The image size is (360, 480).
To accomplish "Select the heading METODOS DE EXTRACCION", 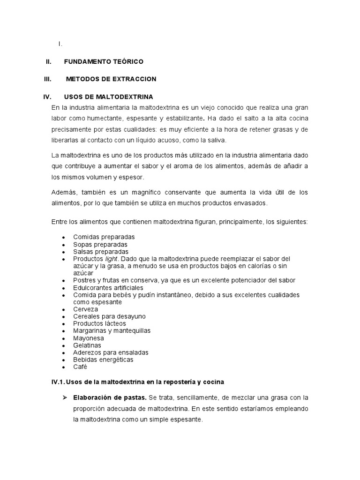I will (111, 79).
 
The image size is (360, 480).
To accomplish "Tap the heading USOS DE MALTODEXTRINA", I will (108, 97).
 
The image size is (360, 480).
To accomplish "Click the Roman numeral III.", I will (47, 79).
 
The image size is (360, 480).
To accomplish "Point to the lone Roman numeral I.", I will (60, 44).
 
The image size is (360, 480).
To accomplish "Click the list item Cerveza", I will (86, 309).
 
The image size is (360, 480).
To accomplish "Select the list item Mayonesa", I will (89, 338).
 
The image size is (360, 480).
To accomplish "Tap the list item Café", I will (80, 367).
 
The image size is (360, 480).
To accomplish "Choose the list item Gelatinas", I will (88, 345).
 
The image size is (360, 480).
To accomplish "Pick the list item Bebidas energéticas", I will (103, 360).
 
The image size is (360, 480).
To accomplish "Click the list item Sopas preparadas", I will (100, 244).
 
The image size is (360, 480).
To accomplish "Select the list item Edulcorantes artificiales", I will (108, 287).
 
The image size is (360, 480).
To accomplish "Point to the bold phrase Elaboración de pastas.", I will (110, 397).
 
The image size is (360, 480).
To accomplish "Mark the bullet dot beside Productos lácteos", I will (63, 324).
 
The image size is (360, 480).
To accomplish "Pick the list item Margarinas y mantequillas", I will (112, 330).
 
